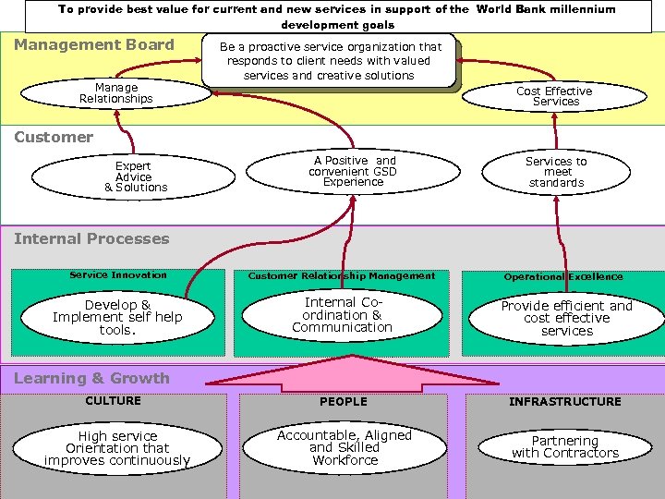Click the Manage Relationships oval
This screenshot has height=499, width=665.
(x=115, y=93)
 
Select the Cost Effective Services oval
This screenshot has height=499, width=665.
(x=554, y=96)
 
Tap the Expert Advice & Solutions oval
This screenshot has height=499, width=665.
(x=135, y=176)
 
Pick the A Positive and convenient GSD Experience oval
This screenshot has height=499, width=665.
(x=353, y=171)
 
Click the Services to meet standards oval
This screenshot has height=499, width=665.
(x=556, y=172)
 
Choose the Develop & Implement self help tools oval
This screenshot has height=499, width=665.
(x=117, y=317)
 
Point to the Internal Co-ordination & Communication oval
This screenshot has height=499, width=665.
(x=342, y=314)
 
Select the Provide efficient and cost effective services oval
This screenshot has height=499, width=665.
(x=566, y=318)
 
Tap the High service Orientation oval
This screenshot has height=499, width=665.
(x=117, y=448)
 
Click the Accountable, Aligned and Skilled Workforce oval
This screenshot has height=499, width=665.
(x=345, y=447)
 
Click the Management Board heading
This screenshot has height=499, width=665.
(x=94, y=44)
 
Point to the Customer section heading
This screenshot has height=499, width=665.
(x=54, y=137)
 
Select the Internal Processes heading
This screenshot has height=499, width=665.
(x=91, y=238)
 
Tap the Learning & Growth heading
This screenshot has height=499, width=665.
(x=91, y=378)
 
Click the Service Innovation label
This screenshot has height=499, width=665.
(x=118, y=274)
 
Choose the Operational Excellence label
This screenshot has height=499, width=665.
(x=562, y=276)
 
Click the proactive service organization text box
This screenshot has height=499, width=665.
(x=330, y=61)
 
